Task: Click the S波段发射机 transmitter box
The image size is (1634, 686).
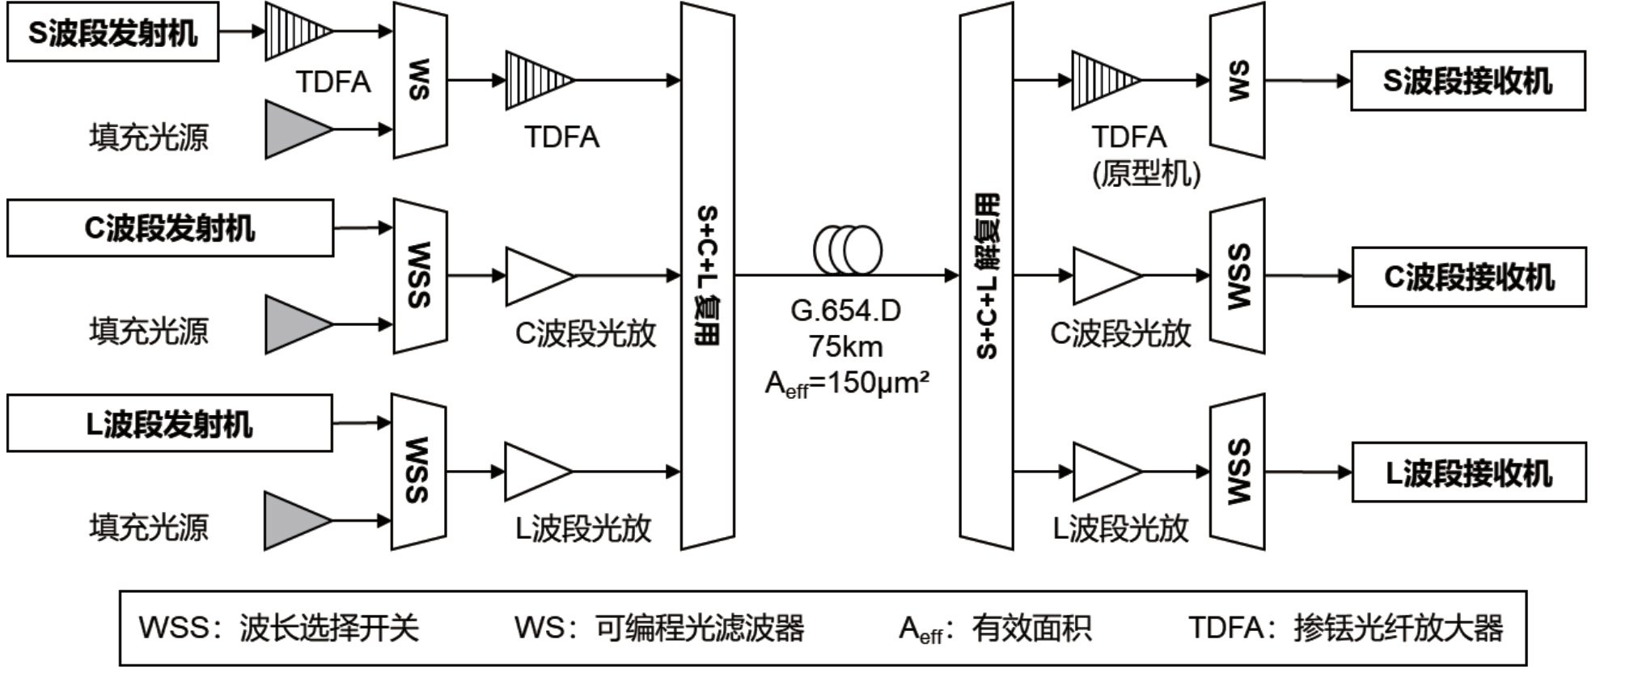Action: pos(112,32)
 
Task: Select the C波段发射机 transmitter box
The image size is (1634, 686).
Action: pos(170,228)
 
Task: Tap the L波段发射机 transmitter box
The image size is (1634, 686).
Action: pos(169,423)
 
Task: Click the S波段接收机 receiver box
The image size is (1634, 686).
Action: pos(1467,81)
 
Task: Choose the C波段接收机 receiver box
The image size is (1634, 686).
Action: pos(1468,277)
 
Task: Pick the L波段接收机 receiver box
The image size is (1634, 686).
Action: pos(1468,472)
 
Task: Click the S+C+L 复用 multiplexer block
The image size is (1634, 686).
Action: pos(707,275)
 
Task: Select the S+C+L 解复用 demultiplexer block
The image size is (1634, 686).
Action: pos(986,275)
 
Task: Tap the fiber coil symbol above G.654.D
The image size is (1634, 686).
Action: pos(847,250)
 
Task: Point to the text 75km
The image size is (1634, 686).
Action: pos(845,347)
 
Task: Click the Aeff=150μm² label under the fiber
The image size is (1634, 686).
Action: pos(847,383)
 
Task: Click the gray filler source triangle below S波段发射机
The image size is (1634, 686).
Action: pos(296,129)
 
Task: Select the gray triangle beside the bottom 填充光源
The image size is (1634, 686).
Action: pos(294,520)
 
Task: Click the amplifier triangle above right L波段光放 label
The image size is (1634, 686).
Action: pos(1105,472)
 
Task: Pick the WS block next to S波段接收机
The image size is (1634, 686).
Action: pos(1237,81)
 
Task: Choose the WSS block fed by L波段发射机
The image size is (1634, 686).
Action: pos(418,471)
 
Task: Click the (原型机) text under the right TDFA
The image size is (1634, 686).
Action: pos(1145,172)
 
